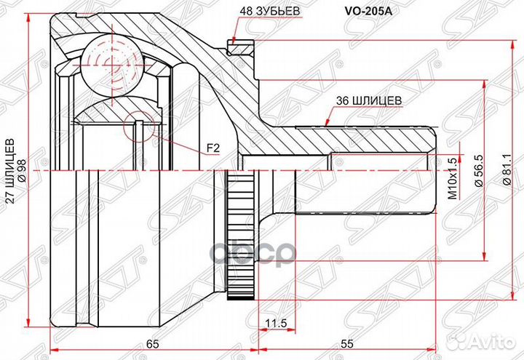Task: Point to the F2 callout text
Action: click(x=213, y=148)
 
